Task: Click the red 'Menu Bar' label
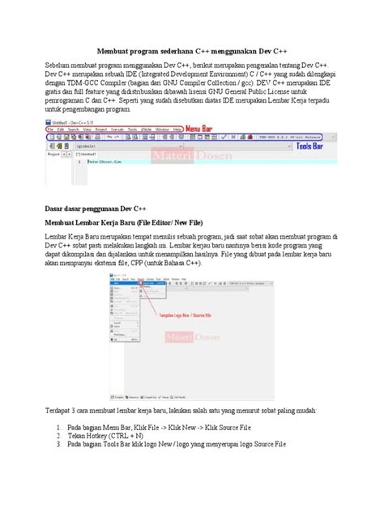(205, 128)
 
